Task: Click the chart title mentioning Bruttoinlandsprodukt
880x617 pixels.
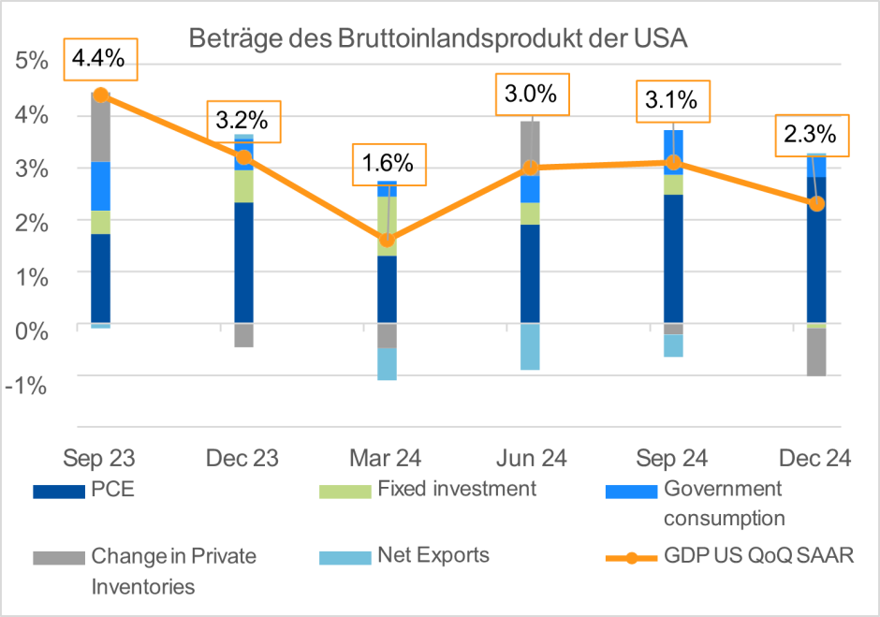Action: [x=438, y=39]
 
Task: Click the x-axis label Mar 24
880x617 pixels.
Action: [x=386, y=458]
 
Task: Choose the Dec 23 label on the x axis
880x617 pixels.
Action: [x=242, y=458]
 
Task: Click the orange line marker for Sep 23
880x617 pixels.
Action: [x=101, y=95]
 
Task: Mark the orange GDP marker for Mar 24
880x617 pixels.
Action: [x=387, y=240]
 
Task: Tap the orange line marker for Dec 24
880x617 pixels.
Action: [x=815, y=203]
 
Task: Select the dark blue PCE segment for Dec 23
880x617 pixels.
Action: [x=243, y=262]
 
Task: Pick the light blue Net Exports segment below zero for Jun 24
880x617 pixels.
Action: [x=530, y=346]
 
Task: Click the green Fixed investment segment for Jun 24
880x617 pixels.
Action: [x=530, y=213]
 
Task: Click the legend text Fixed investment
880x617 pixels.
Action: [x=457, y=489]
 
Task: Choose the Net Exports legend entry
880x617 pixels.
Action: [x=433, y=555]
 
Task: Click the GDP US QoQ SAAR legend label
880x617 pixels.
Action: [x=758, y=556]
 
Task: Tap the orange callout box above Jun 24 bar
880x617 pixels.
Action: [x=532, y=94]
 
